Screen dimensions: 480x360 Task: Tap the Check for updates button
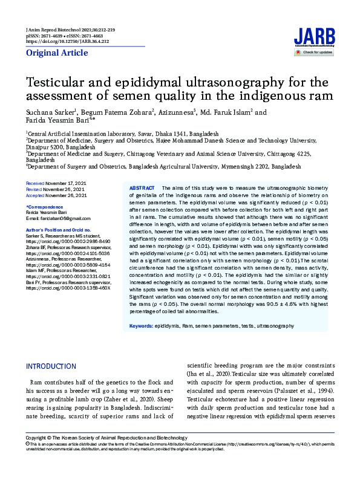point(314,53)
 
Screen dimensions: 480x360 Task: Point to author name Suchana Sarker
point(47,112)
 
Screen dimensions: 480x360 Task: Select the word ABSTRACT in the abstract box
point(142,189)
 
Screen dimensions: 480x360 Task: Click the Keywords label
point(141,326)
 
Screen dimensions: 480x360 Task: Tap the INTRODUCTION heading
point(51,366)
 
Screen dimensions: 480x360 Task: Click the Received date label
point(34,183)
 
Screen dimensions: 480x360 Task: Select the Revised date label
point(34,189)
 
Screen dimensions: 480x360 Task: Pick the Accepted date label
point(35,195)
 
